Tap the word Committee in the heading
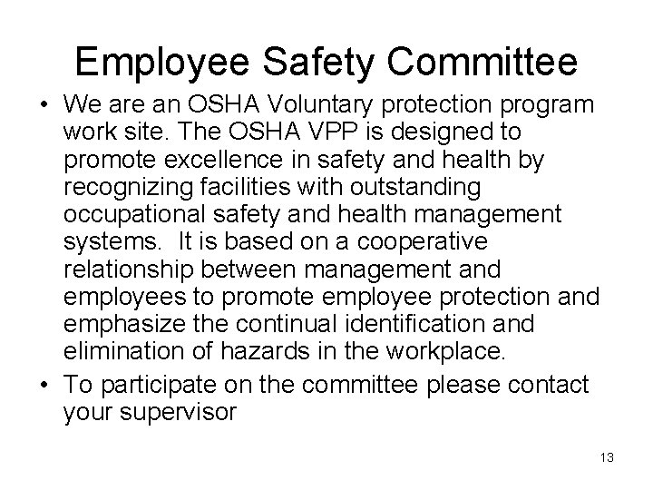487,62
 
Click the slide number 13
606,458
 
